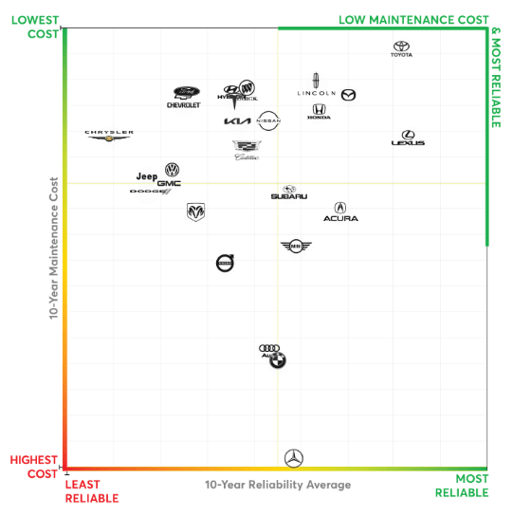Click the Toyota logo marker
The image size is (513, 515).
(402, 48)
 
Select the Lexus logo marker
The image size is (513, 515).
(408, 138)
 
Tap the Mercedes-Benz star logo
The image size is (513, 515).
(294, 458)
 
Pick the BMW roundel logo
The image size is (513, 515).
(277, 359)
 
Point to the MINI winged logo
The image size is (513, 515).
(296, 247)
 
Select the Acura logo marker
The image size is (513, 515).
(340, 212)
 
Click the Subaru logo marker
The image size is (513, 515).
(288, 193)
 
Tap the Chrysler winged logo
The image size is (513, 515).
(109, 136)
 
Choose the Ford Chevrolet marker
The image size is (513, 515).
(184, 97)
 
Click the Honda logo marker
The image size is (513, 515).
(319, 112)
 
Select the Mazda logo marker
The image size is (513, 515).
(348, 94)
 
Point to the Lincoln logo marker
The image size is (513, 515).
(317, 86)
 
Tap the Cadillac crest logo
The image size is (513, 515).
(246, 149)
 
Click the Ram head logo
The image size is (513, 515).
(195, 212)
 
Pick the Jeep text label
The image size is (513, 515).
(146, 176)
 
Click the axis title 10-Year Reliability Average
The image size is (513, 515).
(277, 485)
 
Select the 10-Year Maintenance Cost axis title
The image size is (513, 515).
(53, 246)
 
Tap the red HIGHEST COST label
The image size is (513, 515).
(34, 467)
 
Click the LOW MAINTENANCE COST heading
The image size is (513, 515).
(413, 20)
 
